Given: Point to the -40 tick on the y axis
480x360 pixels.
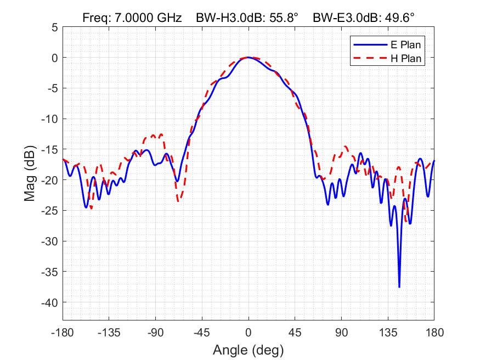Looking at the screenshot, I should (50, 302).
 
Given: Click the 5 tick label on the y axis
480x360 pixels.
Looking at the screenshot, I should (54, 27).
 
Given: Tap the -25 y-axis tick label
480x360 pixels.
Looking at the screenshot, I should (50, 210).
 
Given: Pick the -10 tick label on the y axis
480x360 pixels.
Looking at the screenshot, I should (50, 119).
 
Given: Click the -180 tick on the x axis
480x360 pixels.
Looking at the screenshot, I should (63, 333).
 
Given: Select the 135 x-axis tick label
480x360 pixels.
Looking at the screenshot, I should (388, 333).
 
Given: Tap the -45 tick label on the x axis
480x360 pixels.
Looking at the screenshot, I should (202, 333).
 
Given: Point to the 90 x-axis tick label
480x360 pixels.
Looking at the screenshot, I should (342, 333).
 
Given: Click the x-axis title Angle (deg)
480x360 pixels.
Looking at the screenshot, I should (249, 349).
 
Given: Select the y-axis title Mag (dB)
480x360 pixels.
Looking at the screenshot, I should (31, 173).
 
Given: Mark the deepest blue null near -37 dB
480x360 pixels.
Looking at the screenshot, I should (399, 286).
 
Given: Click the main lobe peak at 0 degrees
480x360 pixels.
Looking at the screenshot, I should (249, 57).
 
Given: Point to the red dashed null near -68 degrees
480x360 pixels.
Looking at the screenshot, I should (178, 201).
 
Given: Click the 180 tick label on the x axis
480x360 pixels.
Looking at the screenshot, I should (434, 333).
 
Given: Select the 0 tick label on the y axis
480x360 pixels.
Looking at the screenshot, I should (54, 57).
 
